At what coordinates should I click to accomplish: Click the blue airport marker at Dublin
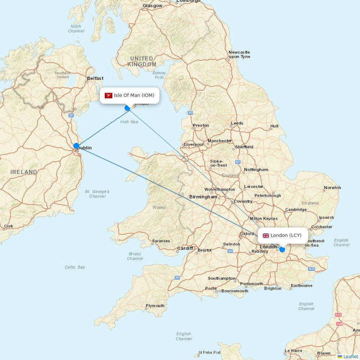(x=76, y=146)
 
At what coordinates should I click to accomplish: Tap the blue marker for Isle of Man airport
(x=127, y=108)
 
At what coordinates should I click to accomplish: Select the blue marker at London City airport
(x=282, y=249)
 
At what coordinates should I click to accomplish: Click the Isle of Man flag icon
(x=108, y=95)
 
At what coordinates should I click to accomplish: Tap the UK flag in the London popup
(x=266, y=235)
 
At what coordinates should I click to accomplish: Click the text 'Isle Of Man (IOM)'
(x=134, y=95)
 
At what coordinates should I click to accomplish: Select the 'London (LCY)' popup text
(x=286, y=235)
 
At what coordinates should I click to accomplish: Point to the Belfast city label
(x=95, y=78)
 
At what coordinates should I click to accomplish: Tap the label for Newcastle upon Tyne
(x=239, y=54)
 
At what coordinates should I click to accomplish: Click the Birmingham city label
(x=203, y=197)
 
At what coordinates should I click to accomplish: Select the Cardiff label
(x=185, y=248)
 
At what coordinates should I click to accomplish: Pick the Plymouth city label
(x=155, y=306)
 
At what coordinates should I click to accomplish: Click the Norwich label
(x=332, y=188)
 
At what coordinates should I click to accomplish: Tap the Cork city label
(x=9, y=226)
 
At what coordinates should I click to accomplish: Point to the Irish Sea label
(x=129, y=122)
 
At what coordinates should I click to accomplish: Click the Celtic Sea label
(x=75, y=267)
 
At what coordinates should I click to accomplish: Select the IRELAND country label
(x=24, y=172)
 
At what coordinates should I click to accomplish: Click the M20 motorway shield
(x=311, y=269)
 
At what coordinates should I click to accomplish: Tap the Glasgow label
(x=152, y=6)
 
